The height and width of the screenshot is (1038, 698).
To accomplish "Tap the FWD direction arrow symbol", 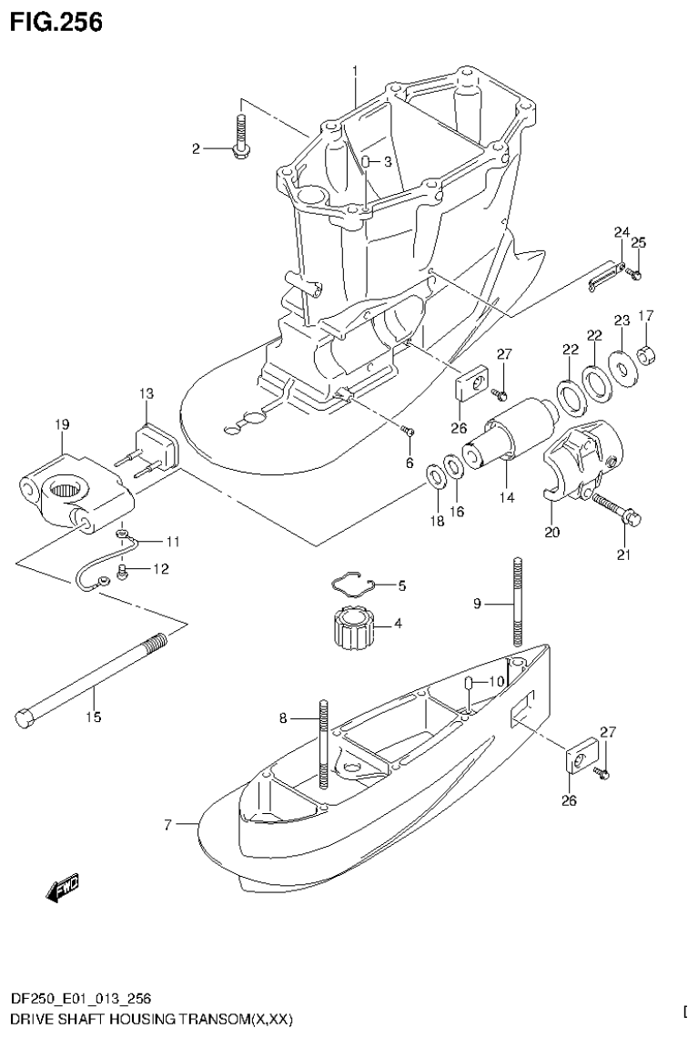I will (x=62, y=890).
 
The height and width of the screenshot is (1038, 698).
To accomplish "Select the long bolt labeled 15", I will (x=91, y=677).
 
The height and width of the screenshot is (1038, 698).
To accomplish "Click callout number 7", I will (x=168, y=825).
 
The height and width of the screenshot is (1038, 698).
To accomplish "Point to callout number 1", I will (x=355, y=69).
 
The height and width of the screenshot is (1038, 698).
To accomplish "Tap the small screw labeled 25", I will (x=637, y=272).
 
